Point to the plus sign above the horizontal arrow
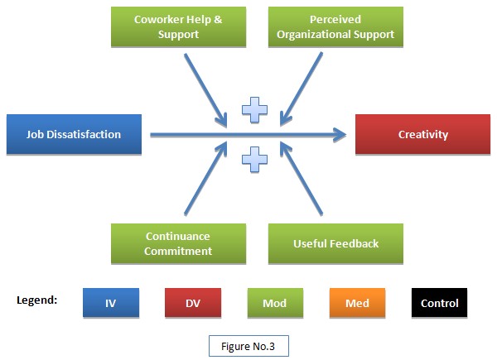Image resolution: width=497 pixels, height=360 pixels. pyautogui.click(x=254, y=108)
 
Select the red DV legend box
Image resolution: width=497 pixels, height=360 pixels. pyautogui.click(x=193, y=303)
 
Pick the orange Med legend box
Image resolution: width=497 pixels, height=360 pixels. pyautogui.click(x=357, y=303)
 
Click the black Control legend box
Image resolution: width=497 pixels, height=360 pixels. pyautogui.click(x=439, y=303)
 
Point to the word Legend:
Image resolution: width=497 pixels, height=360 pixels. pyautogui.click(x=36, y=299)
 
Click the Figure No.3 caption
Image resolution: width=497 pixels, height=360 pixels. pyautogui.click(x=248, y=343)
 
